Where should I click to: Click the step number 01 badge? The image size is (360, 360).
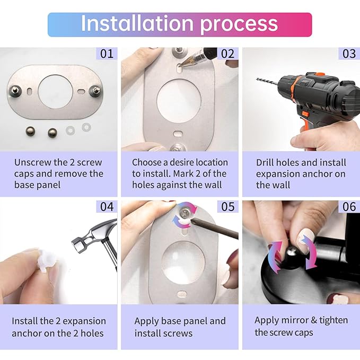107,54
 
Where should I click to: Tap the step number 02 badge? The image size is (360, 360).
227,54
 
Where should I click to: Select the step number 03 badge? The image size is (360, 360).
349,54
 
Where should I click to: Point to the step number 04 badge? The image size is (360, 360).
107,206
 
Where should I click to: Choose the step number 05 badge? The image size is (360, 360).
227,206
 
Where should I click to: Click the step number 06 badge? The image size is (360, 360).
349,206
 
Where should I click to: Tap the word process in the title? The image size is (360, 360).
239,24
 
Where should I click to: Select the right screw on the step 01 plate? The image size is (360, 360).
95,90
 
